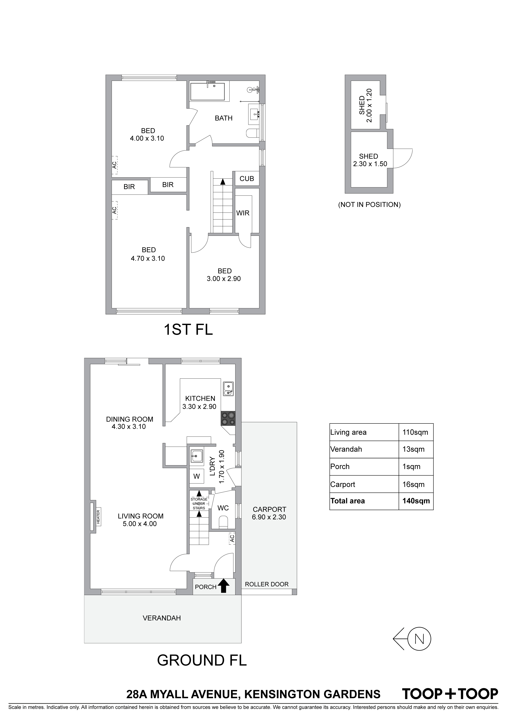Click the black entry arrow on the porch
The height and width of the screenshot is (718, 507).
click(223, 586)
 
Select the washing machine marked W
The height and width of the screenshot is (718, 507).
click(196, 476)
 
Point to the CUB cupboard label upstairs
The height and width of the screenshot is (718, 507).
click(247, 178)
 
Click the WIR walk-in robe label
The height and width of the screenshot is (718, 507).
click(243, 213)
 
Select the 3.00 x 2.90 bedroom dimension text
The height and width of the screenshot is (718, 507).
click(224, 279)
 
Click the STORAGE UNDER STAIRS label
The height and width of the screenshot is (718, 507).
click(199, 504)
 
